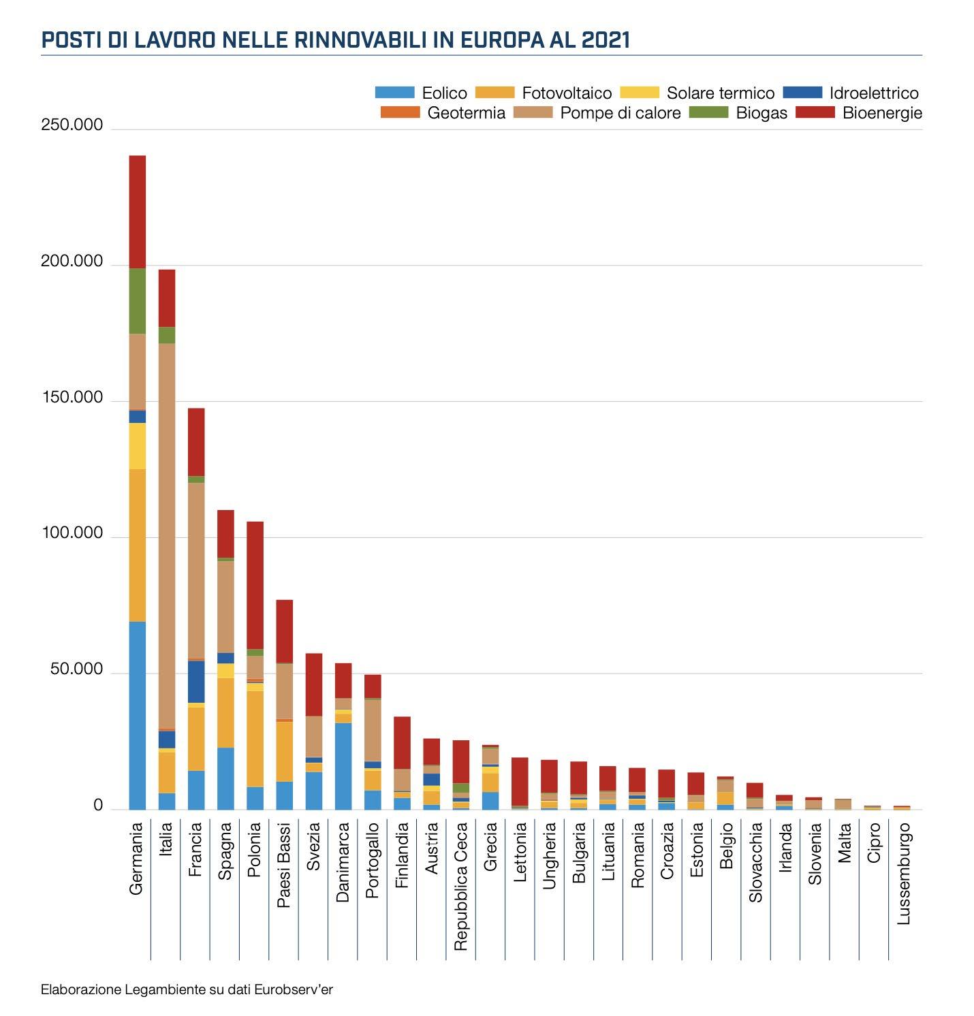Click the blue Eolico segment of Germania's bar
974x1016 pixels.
(137, 715)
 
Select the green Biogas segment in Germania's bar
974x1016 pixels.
(137, 301)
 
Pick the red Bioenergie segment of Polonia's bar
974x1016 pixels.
(255, 585)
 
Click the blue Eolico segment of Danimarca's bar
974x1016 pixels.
(343, 766)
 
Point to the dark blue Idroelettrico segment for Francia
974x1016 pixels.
(196, 682)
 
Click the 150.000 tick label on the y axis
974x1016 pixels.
(72, 398)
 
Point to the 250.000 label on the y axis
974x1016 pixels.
(72, 125)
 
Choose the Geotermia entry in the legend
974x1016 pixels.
(467, 113)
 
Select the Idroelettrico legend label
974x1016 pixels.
(874, 93)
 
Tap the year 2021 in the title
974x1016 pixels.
(606, 40)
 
